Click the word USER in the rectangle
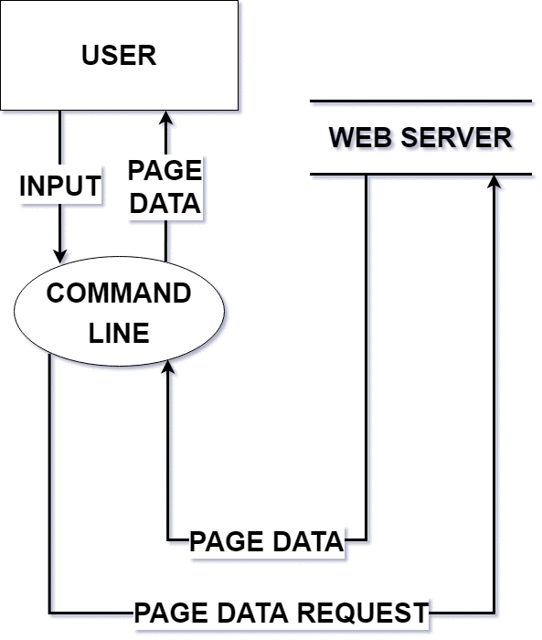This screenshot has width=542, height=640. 119,55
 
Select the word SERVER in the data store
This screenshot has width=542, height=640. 456,137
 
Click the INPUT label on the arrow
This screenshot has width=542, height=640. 60,186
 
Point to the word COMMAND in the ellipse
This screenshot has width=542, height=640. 119,293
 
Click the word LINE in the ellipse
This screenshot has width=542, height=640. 119,333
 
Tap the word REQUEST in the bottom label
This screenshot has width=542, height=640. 363,613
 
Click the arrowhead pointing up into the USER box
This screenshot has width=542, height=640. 165,118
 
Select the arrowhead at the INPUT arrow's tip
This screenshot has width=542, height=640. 60,256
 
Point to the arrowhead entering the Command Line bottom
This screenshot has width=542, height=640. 168,367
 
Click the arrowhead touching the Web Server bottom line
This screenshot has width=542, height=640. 494,182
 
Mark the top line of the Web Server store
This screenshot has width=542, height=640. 420,101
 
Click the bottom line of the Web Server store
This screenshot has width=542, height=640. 420,175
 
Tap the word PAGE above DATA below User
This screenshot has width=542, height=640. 165,170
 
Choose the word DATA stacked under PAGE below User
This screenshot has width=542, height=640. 165,203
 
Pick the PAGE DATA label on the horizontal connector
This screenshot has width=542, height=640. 267,541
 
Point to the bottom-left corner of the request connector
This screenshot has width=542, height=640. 49,613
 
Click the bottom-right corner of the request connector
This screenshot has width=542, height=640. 494,613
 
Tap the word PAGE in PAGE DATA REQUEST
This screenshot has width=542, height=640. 172,613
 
